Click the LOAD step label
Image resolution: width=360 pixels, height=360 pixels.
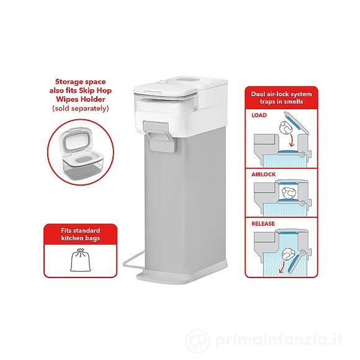coord(259,115)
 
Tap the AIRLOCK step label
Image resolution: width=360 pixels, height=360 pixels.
coord(263,174)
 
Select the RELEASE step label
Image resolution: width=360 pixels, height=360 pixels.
coord(263,223)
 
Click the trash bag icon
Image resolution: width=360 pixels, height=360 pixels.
coord(80,260)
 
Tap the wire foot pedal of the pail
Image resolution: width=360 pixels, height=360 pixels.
coord(134,260)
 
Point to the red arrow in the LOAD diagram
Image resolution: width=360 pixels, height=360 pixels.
coord(292,140)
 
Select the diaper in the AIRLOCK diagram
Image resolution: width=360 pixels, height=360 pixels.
coord(289,193)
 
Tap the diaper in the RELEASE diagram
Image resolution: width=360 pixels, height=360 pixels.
coord(289,254)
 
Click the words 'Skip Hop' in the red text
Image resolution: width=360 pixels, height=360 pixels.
coord(96,91)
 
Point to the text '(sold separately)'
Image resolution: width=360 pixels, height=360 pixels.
coord(81,108)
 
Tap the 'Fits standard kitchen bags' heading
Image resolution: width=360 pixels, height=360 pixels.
coord(80,234)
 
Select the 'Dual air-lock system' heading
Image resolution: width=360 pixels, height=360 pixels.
coord(281,94)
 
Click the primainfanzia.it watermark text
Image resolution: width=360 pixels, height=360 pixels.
coord(279,340)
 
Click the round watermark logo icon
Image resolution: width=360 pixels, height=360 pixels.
coord(197,340)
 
